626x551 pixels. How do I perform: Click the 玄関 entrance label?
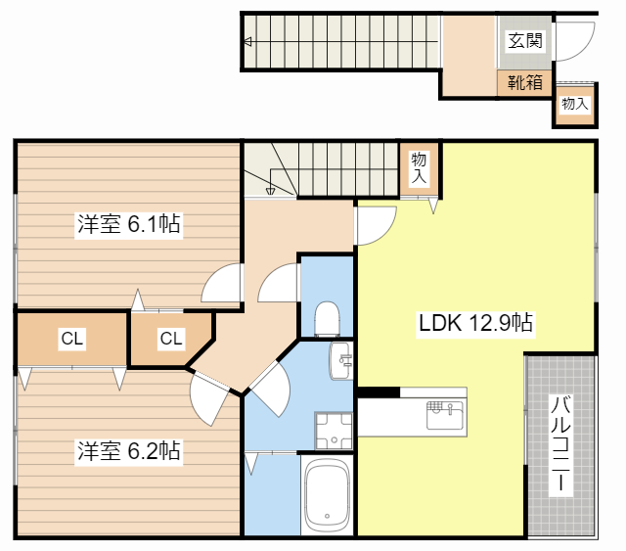525,41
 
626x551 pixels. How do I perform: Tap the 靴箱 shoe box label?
525,83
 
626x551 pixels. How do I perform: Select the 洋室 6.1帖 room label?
128,223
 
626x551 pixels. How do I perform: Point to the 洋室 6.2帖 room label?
128,450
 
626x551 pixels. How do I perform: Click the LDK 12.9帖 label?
475,322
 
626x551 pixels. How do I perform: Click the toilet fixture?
327,319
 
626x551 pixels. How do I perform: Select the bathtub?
327,494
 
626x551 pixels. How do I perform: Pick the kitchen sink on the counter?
445,415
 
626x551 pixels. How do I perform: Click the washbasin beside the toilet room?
341,360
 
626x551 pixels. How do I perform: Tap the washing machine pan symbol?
334,431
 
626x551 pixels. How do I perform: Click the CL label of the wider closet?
71,339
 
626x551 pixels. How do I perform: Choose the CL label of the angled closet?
171,339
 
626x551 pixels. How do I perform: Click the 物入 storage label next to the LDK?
419,167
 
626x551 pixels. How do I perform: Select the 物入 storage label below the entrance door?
575,104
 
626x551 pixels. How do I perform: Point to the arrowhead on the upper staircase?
247,41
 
